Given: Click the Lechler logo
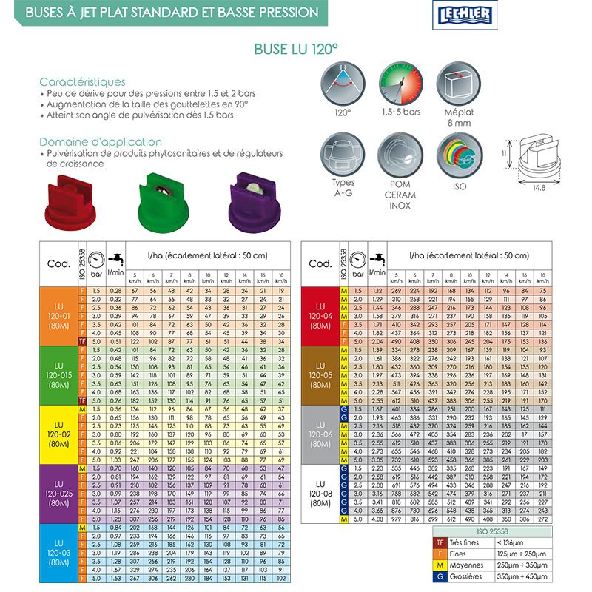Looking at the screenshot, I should coord(456,15).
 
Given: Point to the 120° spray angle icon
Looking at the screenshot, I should coord(343,83).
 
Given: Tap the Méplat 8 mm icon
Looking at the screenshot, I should coord(459,83).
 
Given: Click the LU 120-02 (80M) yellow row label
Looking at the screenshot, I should coord(59,434).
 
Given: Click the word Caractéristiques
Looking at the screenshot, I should coord(82,82).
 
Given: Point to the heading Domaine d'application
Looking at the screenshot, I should coord(101,141).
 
